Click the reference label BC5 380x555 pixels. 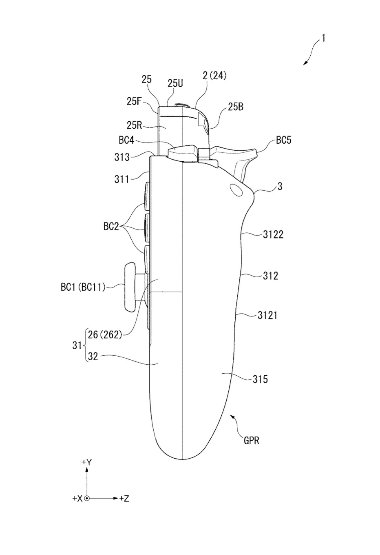[x=284, y=140]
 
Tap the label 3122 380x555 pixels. [x=273, y=234]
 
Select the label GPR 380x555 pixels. [x=251, y=441]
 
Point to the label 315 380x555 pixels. [x=260, y=379]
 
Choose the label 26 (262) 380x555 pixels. [x=105, y=335]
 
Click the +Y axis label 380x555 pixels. [x=86, y=462]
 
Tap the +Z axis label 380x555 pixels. [x=124, y=499]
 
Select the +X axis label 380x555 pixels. [x=77, y=499]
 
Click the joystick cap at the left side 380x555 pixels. [x=130, y=288]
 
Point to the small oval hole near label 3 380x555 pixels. [x=236, y=190]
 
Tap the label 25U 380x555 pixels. [x=175, y=83]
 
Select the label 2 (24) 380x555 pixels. [x=214, y=76]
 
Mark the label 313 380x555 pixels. [x=122, y=157]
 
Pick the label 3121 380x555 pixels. [x=267, y=315]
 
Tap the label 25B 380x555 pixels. [x=236, y=107]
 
